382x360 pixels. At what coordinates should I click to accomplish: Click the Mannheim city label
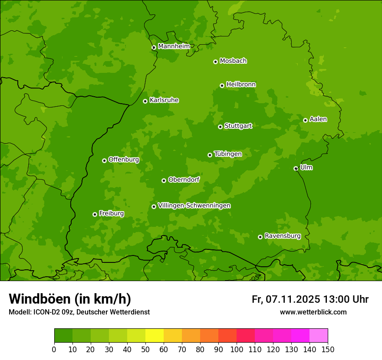click(x=174, y=46)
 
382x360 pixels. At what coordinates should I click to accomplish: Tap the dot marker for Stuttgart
click(x=220, y=127)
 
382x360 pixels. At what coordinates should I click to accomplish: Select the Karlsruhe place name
click(x=164, y=100)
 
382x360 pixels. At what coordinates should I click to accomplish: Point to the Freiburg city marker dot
click(x=95, y=214)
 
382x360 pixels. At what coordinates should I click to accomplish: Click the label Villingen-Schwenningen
click(x=194, y=206)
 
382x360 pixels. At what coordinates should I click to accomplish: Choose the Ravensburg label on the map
click(x=283, y=236)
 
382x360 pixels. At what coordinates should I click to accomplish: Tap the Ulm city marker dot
click(x=296, y=168)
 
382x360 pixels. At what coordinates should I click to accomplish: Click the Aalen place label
click(x=318, y=119)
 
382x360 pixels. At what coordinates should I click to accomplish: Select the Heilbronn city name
click(x=241, y=85)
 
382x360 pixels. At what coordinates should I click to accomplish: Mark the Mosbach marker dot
click(x=215, y=62)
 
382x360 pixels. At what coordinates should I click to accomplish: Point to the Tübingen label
click(x=228, y=154)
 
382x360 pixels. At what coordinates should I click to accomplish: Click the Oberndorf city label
click(x=184, y=180)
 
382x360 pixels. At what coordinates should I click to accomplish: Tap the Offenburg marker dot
click(x=104, y=160)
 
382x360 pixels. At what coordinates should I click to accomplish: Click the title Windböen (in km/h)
click(x=70, y=299)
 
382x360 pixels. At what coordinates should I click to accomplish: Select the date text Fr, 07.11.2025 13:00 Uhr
click(x=310, y=299)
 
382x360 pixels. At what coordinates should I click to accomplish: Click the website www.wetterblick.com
click(x=313, y=312)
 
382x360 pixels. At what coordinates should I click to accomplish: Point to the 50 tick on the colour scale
click(x=145, y=349)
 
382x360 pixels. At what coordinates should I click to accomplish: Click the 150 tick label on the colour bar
click(x=328, y=349)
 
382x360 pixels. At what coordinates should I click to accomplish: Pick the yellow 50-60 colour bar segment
click(x=155, y=336)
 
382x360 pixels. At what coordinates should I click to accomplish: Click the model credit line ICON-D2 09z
click(x=79, y=312)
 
